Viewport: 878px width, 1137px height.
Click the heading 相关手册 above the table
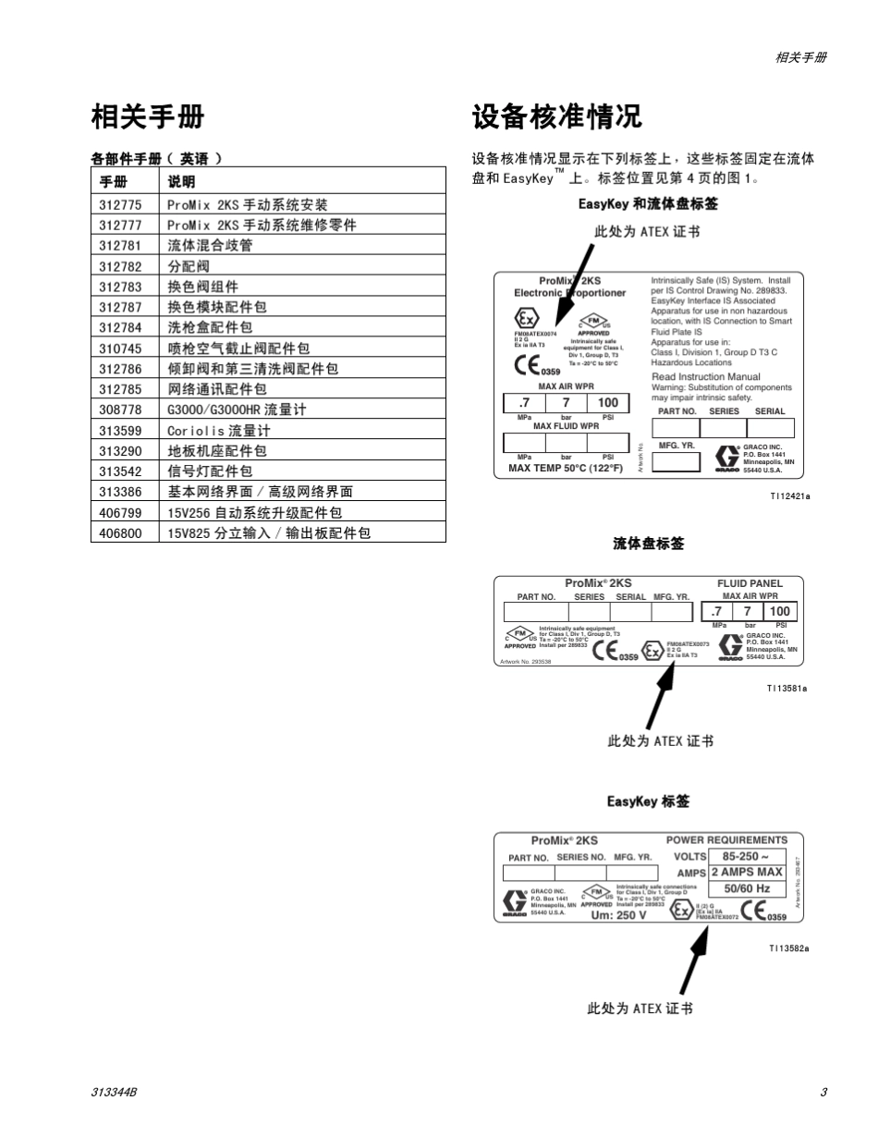(148, 117)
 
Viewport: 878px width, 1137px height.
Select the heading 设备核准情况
(556, 117)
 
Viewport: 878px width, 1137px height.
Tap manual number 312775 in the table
(121, 205)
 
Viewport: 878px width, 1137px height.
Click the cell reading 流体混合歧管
(210, 246)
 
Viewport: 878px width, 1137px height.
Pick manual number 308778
(121, 410)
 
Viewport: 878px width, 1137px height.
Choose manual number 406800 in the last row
(121, 533)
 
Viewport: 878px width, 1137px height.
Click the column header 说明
(181, 182)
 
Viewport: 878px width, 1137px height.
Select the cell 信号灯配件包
(210, 471)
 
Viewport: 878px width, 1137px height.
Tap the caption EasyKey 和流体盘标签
(648, 204)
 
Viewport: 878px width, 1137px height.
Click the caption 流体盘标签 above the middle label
(649, 544)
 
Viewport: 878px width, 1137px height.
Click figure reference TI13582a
(788, 948)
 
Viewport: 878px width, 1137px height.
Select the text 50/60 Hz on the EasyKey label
(746, 889)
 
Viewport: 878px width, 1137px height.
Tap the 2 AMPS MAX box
(747, 872)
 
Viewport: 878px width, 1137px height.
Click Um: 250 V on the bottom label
(618, 915)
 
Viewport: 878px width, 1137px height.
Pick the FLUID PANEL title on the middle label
(750, 583)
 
